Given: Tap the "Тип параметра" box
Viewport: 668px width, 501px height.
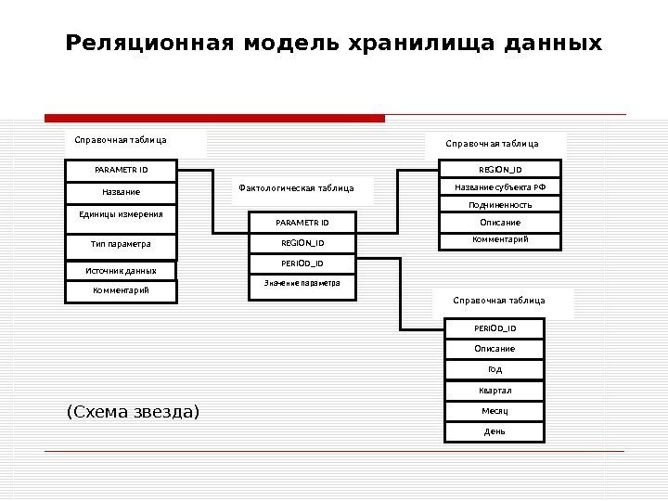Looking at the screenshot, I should tap(121, 245).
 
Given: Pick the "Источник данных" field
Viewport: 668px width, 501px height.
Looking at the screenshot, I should tap(121, 271).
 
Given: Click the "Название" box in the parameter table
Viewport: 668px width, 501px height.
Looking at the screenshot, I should tap(121, 192).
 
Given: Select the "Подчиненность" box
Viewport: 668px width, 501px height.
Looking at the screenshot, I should tap(500, 205).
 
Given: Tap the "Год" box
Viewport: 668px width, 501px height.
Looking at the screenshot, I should tap(495, 369).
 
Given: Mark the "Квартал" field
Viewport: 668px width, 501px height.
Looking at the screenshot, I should tap(495, 391).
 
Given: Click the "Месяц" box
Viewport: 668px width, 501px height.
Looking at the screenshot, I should tap(495, 411).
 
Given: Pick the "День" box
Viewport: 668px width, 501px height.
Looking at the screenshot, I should tap(495, 431).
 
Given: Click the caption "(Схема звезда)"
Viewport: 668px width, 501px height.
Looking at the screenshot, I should tap(133, 411).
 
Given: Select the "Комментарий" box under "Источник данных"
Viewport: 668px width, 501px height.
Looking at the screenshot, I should tap(121, 291).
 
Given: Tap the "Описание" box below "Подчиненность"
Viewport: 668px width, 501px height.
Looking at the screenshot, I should tap(500, 223).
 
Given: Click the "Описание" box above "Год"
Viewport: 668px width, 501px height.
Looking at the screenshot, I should tap(495, 349).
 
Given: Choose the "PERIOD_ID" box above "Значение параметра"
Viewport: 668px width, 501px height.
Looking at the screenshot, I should tap(302, 263).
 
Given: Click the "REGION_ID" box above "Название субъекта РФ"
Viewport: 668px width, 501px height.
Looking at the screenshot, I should tap(500, 170).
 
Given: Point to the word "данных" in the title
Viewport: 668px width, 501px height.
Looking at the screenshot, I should tap(559, 44).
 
